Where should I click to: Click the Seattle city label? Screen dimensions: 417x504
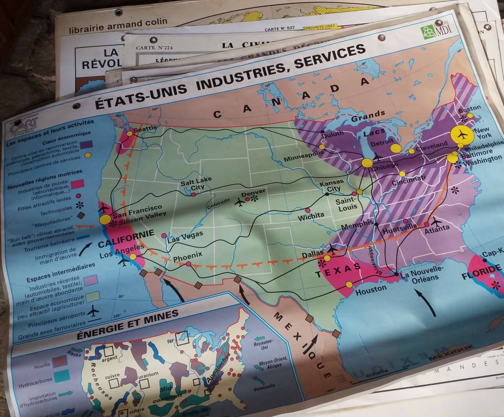(x=145, y=128)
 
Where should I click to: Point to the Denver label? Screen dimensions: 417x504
(x=253, y=192)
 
